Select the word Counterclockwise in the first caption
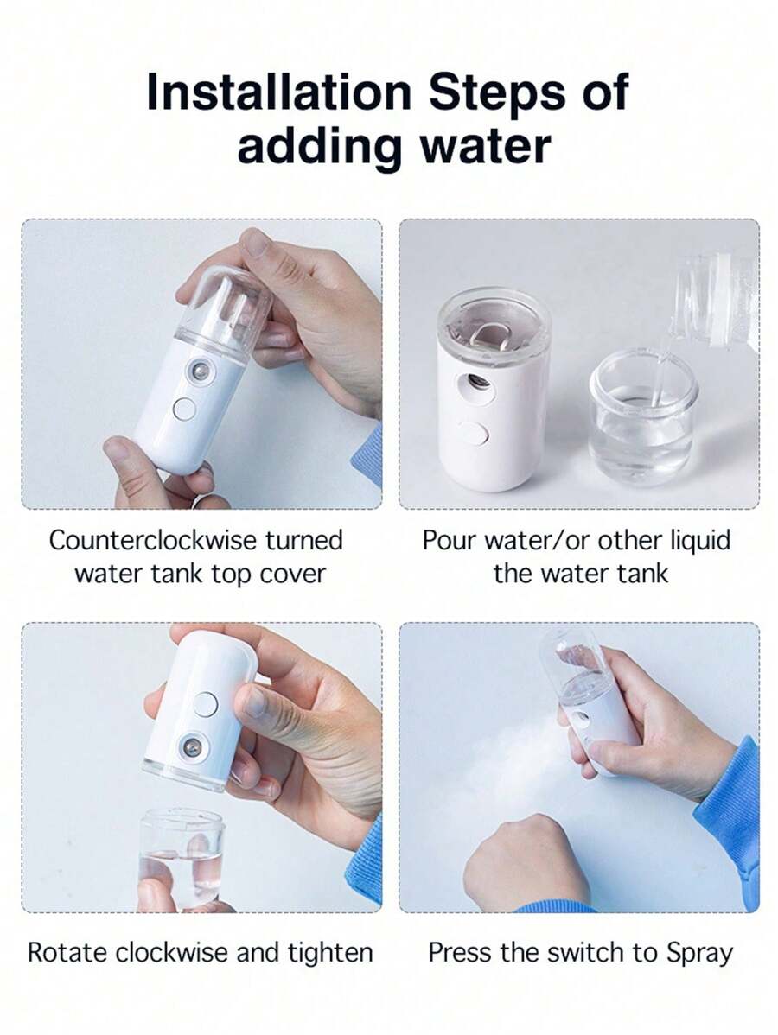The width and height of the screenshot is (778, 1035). [x=152, y=540]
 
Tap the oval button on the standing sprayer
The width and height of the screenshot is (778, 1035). [x=475, y=435]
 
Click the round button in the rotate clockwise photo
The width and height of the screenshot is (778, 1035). [x=206, y=705]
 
